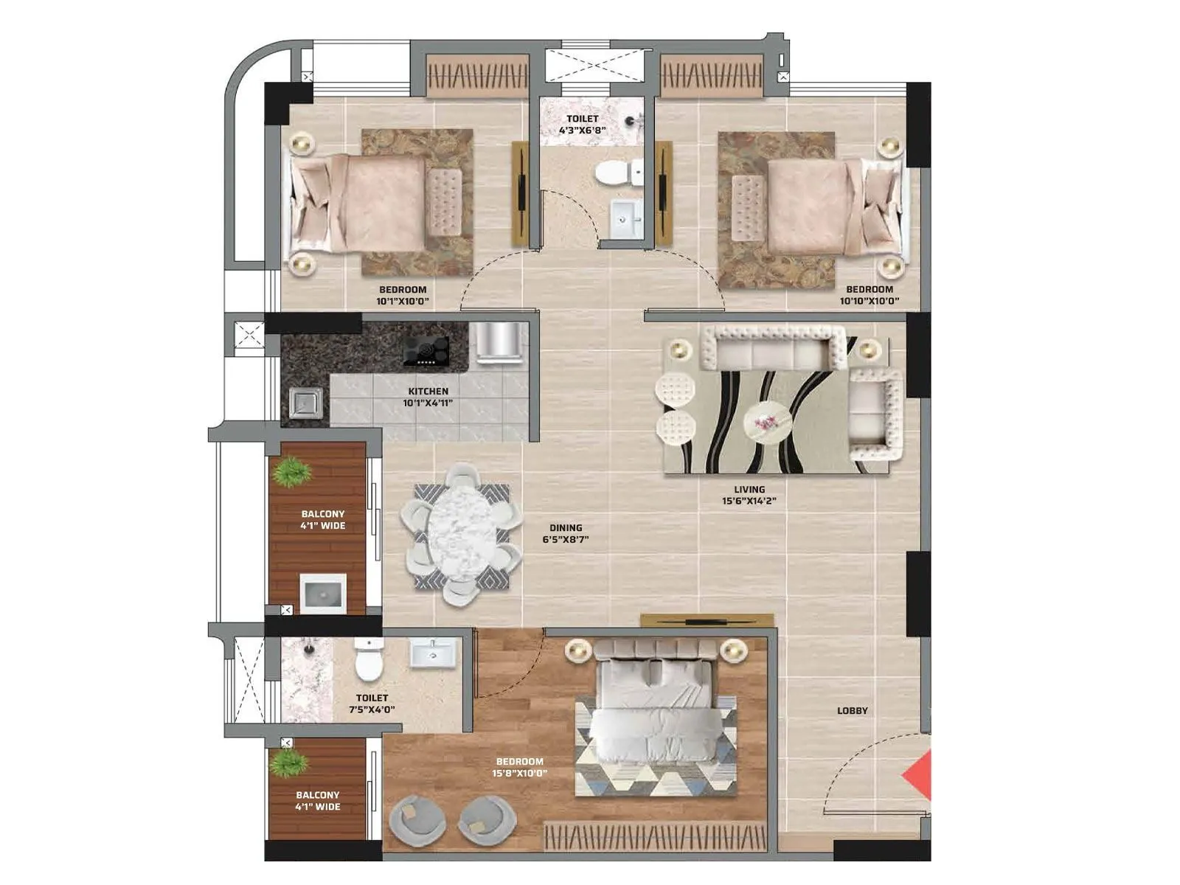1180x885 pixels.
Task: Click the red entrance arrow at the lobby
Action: pyautogui.click(x=919, y=775)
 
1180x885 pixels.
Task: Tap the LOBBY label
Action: pyautogui.click(x=852, y=711)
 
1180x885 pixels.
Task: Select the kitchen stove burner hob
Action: pyautogui.click(x=426, y=350)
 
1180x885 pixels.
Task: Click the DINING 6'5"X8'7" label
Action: pyautogui.click(x=566, y=533)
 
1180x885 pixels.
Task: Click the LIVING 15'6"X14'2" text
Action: pyautogui.click(x=749, y=495)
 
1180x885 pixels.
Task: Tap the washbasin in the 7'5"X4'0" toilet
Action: pyautogui.click(x=433, y=653)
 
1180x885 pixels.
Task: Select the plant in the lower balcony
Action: pyautogui.click(x=288, y=763)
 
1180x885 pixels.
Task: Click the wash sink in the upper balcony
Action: pyautogui.click(x=323, y=593)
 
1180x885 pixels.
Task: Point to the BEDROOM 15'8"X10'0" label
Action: pyautogui.click(x=519, y=767)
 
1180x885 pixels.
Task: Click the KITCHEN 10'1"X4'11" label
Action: pyautogui.click(x=428, y=397)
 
